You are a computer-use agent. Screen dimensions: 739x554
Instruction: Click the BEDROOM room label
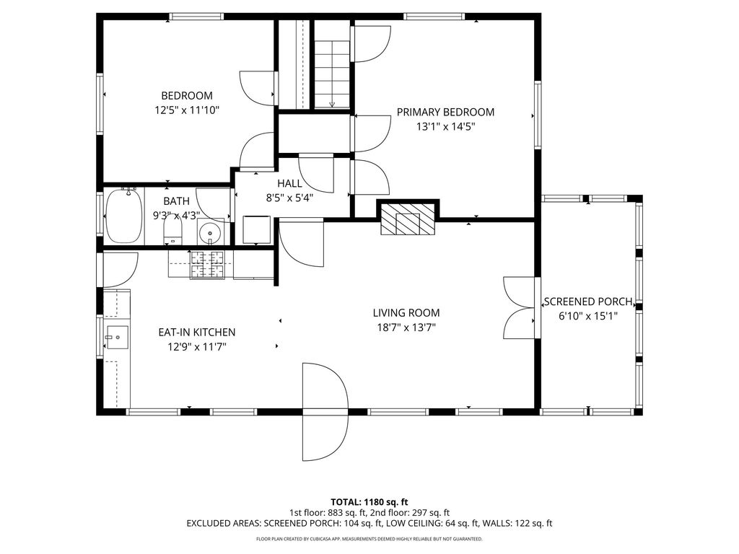click(187, 96)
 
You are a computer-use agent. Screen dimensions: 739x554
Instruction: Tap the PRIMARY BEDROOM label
click(445, 112)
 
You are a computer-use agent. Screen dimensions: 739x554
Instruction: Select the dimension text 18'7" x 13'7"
click(406, 327)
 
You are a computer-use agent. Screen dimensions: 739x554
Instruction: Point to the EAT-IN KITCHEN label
click(197, 332)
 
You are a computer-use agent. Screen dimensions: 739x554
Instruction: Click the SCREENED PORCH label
click(587, 302)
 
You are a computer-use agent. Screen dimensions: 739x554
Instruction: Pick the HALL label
click(289, 183)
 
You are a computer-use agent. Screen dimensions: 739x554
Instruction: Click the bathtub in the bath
click(124, 216)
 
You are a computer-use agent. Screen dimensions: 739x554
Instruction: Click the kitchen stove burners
click(207, 265)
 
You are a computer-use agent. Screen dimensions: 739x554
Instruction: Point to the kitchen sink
click(117, 338)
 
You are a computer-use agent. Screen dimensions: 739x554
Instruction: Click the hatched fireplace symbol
click(408, 219)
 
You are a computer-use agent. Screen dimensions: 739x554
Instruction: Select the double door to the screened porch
click(520, 307)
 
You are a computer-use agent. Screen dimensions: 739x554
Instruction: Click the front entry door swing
click(325, 412)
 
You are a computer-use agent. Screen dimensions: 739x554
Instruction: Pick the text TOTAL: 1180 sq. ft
click(369, 502)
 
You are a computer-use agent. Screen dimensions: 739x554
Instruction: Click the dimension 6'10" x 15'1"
click(587, 316)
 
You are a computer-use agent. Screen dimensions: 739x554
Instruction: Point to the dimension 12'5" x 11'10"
click(187, 110)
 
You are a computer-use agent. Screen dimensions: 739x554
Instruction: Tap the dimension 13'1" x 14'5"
click(445, 127)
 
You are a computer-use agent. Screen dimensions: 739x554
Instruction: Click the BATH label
click(176, 201)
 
